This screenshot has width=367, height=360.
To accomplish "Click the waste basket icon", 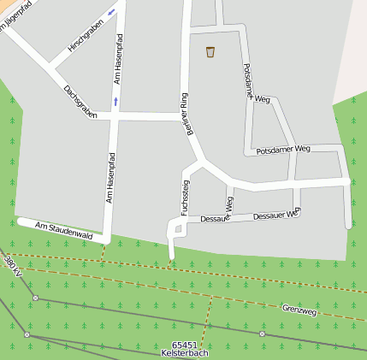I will tap(210, 52).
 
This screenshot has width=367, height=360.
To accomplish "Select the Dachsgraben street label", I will tap(80, 102).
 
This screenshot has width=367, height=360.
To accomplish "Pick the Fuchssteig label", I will tap(183, 198).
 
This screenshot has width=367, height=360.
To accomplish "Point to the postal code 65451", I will tap(183, 345).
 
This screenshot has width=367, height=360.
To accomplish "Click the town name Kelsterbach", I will tap(184, 353).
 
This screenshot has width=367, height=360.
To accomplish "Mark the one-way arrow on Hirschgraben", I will tap(112, 14).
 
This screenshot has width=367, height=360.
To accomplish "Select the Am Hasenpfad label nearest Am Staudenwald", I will tap(110, 178).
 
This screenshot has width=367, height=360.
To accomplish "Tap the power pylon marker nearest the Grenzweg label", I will tap(262, 333).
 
